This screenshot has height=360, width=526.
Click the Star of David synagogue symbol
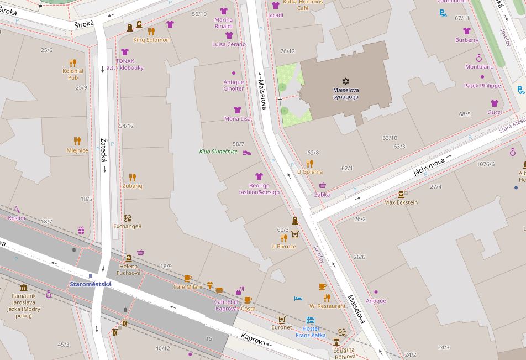point(346,81)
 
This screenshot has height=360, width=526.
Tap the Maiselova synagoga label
point(346,93)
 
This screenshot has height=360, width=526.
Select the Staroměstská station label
point(91,284)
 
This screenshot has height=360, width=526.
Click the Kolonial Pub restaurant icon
point(72,62)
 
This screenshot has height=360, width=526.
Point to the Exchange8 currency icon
point(128,218)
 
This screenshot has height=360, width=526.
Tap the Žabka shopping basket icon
point(322,186)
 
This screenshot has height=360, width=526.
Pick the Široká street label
point(85,24)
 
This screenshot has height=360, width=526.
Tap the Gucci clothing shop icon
point(494,103)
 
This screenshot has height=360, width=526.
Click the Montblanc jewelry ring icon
point(478,58)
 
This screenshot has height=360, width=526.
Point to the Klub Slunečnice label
point(218,152)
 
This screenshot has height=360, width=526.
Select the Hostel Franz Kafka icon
point(310,320)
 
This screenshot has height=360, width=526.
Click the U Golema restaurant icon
point(309,163)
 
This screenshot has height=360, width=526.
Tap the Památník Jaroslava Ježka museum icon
point(24,288)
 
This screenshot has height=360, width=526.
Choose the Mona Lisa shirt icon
point(238,110)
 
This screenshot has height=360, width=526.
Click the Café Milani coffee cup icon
point(187,278)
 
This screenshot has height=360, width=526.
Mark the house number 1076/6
point(486,164)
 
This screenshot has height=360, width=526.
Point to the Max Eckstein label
point(401,202)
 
